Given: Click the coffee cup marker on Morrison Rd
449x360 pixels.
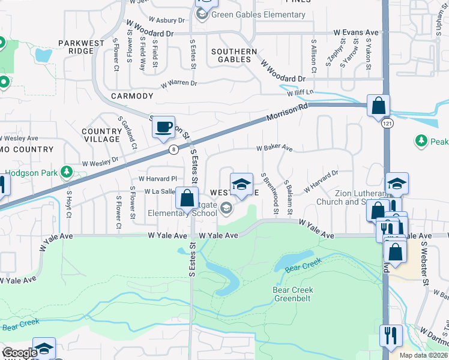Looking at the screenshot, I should click(163, 127).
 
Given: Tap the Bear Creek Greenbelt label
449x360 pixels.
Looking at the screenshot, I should click(293, 294).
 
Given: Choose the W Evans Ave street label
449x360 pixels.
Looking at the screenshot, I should click(357, 32).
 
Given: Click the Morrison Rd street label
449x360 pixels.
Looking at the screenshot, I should click(287, 112).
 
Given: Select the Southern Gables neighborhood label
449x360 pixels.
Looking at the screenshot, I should click(234, 56).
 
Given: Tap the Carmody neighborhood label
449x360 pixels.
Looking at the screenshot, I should click(132, 96).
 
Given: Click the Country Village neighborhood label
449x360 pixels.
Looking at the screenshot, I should click(102, 135).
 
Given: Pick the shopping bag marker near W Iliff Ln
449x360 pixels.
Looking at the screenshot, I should click(379, 106).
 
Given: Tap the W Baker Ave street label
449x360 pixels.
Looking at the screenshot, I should click(274, 148).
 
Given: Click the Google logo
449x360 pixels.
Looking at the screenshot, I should click(20, 353).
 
